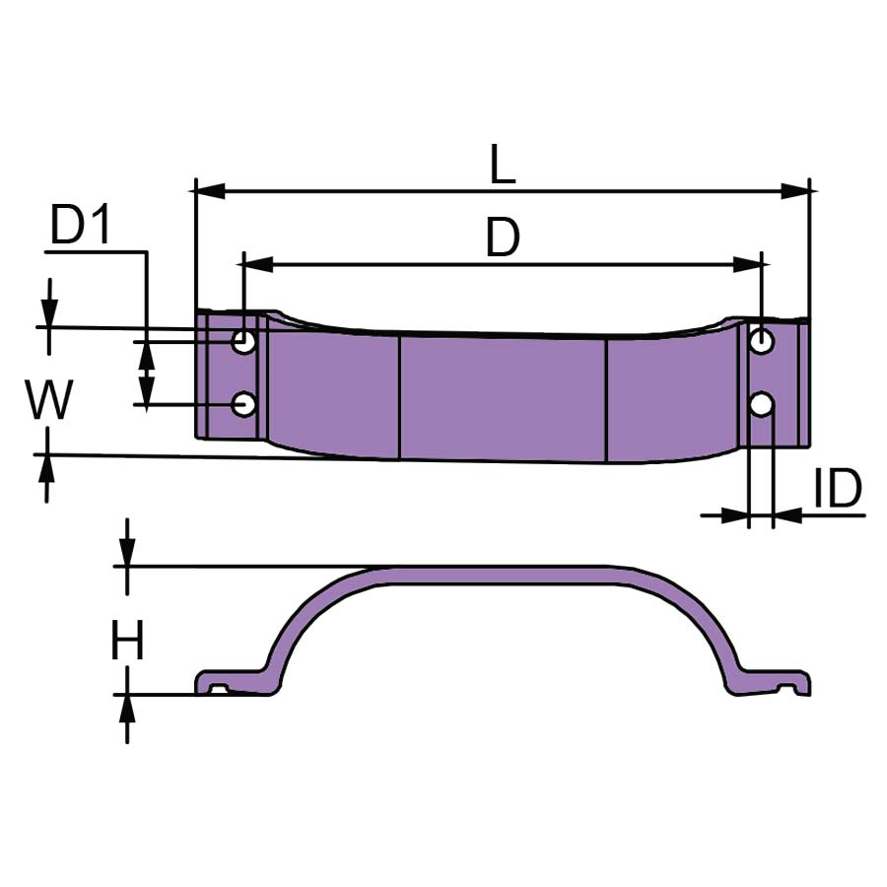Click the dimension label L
pyautogui.click(x=503, y=165)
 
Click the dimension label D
pyautogui.click(x=503, y=238)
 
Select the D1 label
pyautogui.click(x=80, y=224)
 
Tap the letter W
pyautogui.click(x=49, y=399)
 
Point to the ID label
pyautogui.click(x=837, y=488)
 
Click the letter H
pyautogui.click(x=127, y=640)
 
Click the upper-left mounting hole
pyautogui.click(x=243, y=341)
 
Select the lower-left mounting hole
pyautogui.click(x=243, y=404)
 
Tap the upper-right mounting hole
pyautogui.click(x=762, y=341)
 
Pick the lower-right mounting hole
pyautogui.click(x=762, y=404)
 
